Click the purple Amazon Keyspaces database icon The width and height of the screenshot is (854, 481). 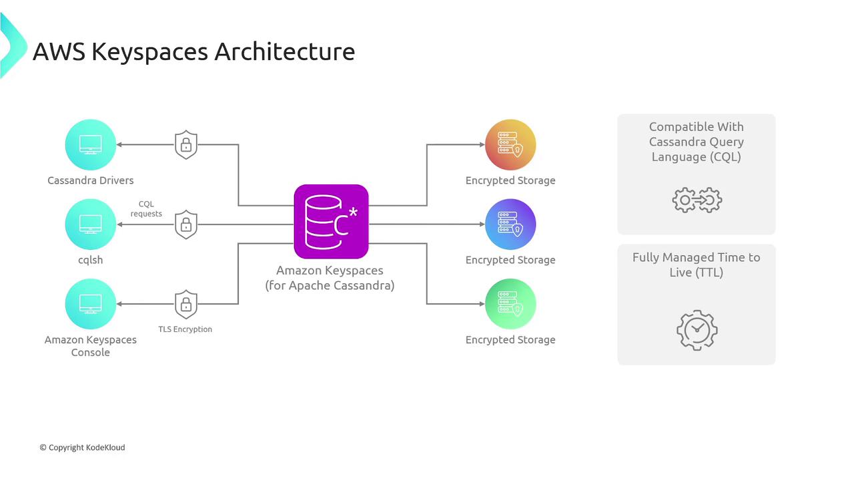[331, 221]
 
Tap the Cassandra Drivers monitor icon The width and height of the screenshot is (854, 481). [90, 144]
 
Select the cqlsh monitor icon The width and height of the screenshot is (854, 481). [90, 224]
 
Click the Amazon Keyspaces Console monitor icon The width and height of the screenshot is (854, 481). [90, 304]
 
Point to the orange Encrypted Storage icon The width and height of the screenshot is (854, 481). [510, 144]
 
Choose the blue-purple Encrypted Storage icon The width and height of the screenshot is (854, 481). [510, 224]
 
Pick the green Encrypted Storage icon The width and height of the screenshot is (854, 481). [510, 304]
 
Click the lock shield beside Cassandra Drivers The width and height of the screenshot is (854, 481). [186, 144]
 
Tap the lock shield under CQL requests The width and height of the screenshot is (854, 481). [186, 224]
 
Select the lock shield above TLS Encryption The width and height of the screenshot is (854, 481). [186, 304]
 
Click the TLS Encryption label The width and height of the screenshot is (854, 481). [185, 329]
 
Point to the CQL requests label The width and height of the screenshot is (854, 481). [146, 209]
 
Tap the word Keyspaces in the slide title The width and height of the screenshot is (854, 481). [150, 51]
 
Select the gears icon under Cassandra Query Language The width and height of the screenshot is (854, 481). [697, 200]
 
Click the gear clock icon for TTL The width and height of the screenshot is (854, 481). [697, 329]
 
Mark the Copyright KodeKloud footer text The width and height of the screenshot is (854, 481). [82, 448]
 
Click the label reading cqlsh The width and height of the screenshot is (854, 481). [90, 260]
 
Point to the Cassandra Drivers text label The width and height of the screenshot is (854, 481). [90, 180]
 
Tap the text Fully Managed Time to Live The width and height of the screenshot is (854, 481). [697, 265]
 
